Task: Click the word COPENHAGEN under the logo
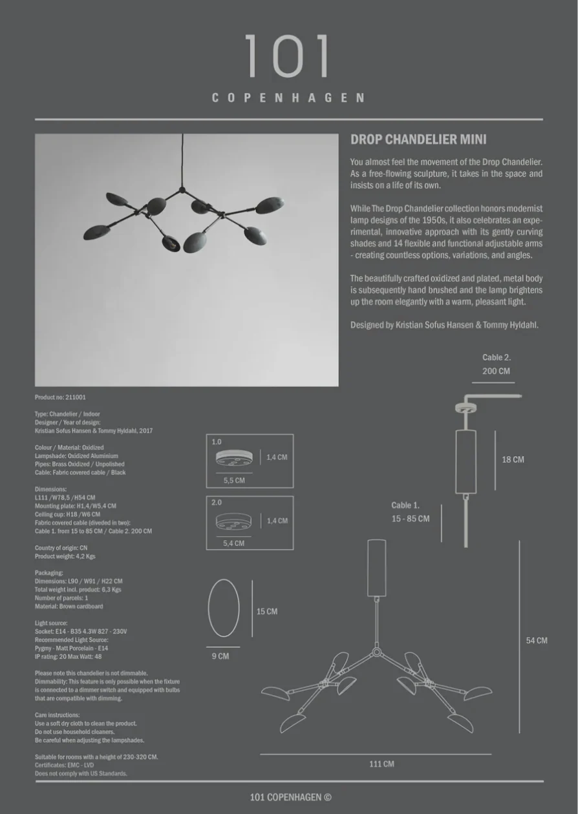coord(288,98)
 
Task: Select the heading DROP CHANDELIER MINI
coord(418,140)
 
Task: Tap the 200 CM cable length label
coord(496,371)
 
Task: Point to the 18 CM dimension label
coord(513,460)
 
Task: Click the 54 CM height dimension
coord(536,641)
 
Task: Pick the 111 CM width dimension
coord(381,764)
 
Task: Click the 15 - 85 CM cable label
coord(410,519)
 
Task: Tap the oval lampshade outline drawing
coord(224,607)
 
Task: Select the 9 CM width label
coord(220,656)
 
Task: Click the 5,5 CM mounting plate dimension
coord(234,481)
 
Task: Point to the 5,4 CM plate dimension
coord(233,543)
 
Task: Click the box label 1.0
coord(217,442)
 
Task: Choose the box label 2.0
coord(217,502)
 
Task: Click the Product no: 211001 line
coord(60,397)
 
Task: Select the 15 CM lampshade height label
coord(267,611)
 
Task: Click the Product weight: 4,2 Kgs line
coord(65,556)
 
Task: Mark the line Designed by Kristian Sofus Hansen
coord(444,325)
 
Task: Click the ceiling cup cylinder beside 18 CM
coord(466,460)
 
